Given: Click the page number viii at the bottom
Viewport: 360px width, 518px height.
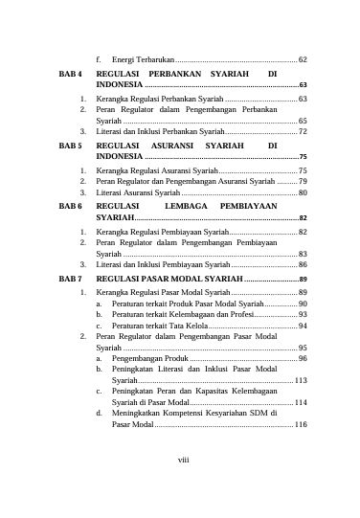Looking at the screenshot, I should [x=183, y=461].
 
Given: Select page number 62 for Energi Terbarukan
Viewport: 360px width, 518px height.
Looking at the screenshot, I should [x=302, y=59].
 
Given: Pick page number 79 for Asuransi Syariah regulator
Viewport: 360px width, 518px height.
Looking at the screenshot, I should [x=302, y=180].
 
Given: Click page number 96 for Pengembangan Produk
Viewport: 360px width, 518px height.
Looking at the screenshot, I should [x=302, y=358].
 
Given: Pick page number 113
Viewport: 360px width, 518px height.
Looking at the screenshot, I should [x=300, y=380].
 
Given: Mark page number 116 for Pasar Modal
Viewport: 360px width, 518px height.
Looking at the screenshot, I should [x=300, y=424].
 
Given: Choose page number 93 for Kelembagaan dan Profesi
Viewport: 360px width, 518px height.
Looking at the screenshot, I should [x=302, y=314].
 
